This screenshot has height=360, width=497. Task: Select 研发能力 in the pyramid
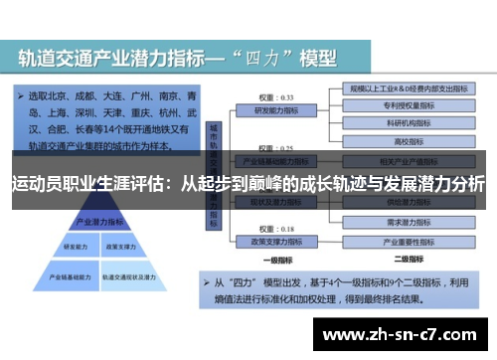(x=76, y=246)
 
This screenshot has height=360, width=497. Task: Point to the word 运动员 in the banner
(x=36, y=184)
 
